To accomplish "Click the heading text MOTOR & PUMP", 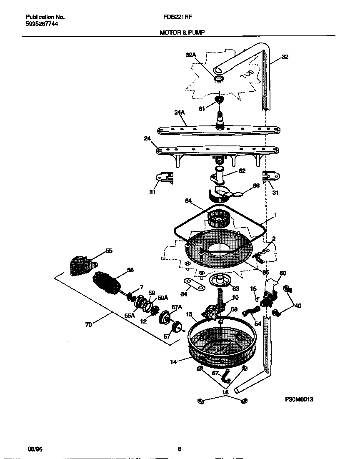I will click(x=182, y=32).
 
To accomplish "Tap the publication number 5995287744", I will click(x=42, y=24).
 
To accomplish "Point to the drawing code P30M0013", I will click(x=299, y=399).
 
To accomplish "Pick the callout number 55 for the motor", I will click(x=109, y=251).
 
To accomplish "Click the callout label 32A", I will click(x=190, y=55).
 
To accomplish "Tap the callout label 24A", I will click(x=180, y=112).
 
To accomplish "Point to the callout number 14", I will click(x=173, y=362).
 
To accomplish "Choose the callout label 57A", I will click(x=177, y=307).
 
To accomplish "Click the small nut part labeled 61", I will click(x=219, y=100).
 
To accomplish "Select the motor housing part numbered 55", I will click(x=82, y=266).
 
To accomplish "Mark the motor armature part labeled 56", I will click(x=107, y=282).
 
